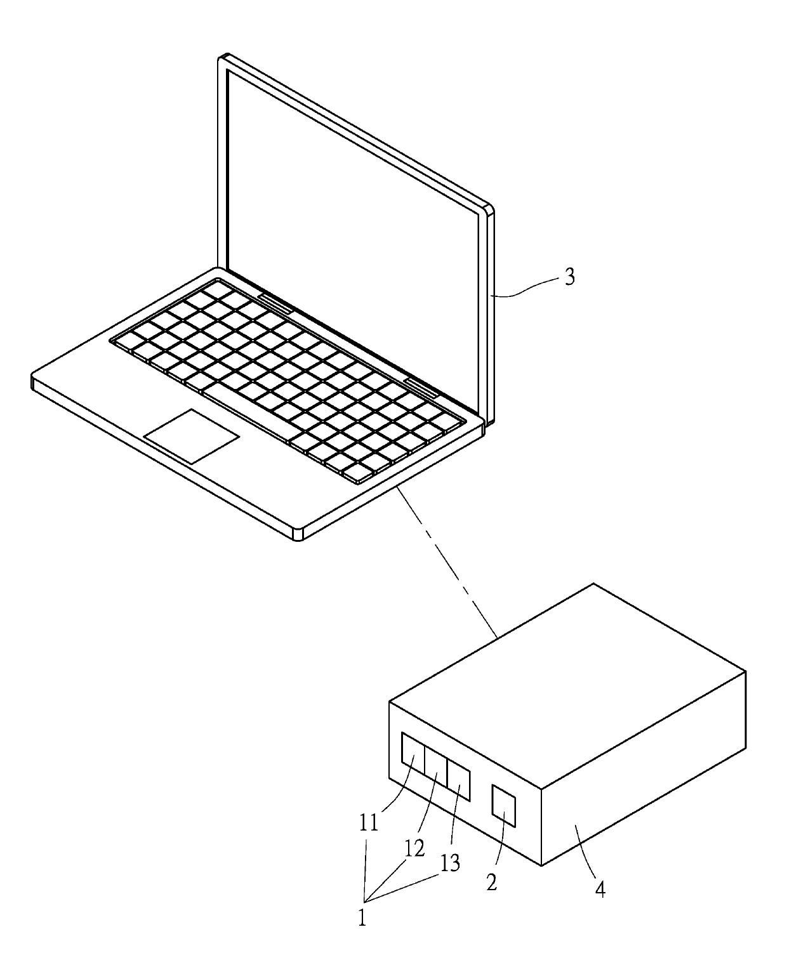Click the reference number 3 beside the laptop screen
[x=569, y=277]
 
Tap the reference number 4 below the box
[x=600, y=889]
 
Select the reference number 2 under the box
[x=491, y=882]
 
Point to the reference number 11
[x=369, y=823]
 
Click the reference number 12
[x=414, y=848]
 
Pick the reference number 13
[x=449, y=864]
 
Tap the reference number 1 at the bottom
[x=362, y=918]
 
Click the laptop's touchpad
[x=192, y=436]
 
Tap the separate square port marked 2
[x=504, y=805]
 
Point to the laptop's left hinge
[x=274, y=303]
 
